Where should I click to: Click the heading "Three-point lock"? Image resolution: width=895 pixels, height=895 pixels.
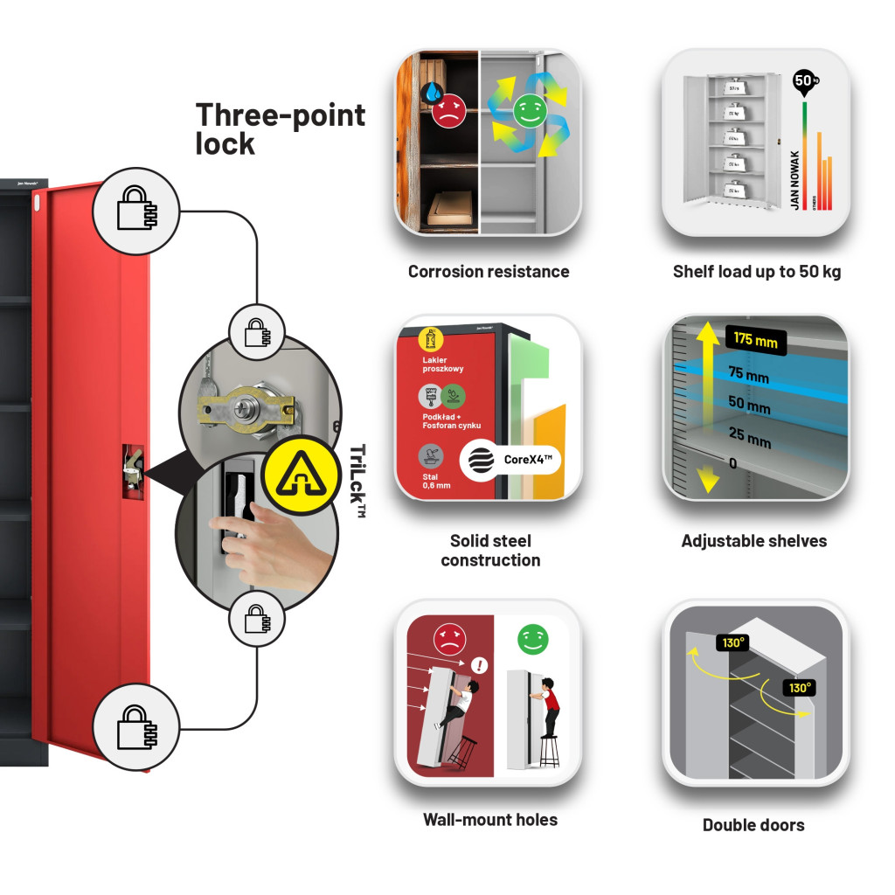click(x=280, y=128)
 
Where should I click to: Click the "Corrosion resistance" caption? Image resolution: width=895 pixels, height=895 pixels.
click(x=489, y=272)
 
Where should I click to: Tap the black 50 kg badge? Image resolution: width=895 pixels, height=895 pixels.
click(x=803, y=81)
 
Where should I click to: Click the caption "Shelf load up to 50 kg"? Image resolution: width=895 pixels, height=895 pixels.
click(x=757, y=272)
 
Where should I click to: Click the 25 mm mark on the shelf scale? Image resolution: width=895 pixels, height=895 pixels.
click(x=750, y=437)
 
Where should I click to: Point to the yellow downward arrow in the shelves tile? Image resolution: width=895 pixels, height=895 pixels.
click(x=708, y=478)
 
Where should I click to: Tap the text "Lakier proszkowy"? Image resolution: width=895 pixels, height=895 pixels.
click(x=443, y=364)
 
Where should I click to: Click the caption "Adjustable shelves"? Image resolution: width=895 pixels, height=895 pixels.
click(x=753, y=541)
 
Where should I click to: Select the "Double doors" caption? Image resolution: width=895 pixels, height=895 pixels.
click(x=753, y=824)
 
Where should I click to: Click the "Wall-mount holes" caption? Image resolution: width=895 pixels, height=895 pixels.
click(x=490, y=820)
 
